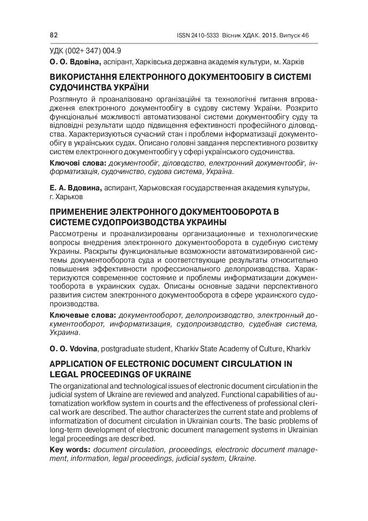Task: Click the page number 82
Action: click(x=53, y=36)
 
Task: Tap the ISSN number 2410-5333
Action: click(x=205, y=36)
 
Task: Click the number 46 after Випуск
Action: click(x=304, y=36)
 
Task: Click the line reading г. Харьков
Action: click(x=66, y=196)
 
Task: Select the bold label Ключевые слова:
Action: click(x=82, y=315)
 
